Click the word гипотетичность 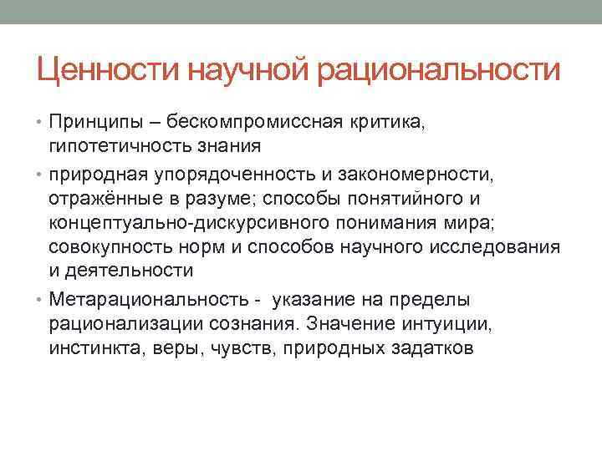click(115, 146)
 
